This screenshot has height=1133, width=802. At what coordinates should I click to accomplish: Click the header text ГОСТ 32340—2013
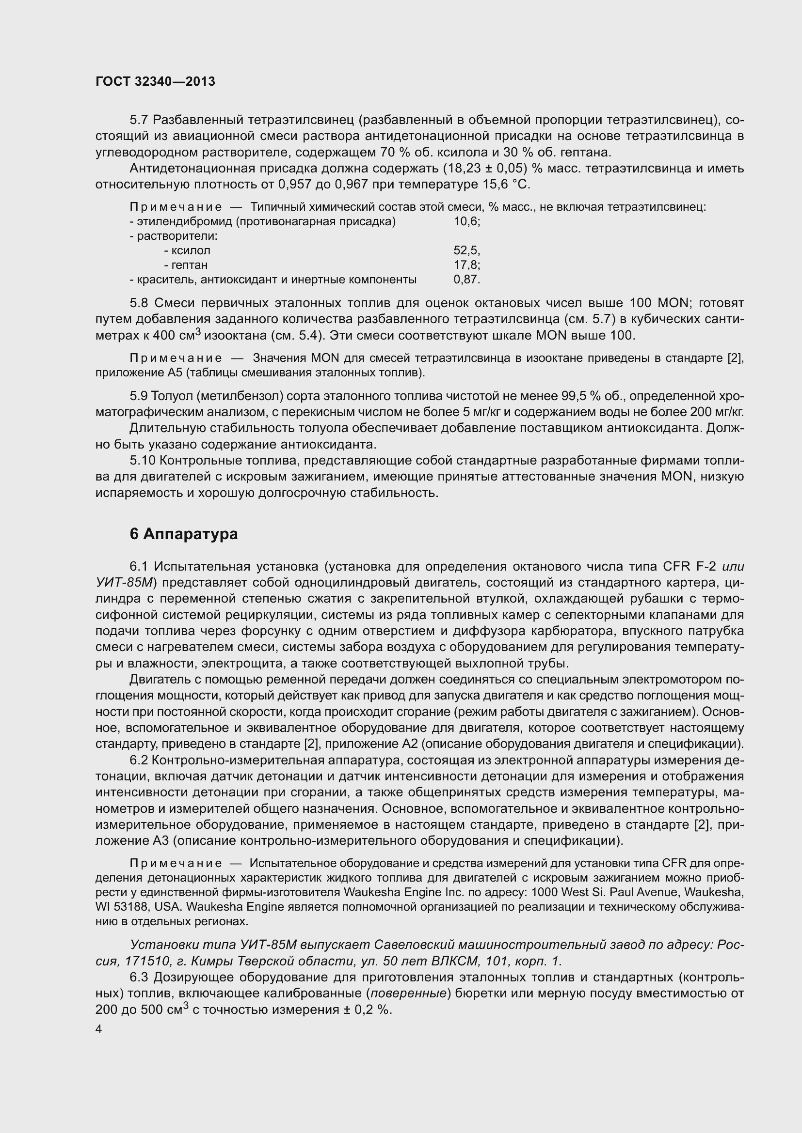pyautogui.click(x=155, y=82)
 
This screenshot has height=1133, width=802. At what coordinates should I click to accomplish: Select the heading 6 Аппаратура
pyautogui.click(x=183, y=534)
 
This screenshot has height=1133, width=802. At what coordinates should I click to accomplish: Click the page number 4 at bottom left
pyautogui.click(x=99, y=1029)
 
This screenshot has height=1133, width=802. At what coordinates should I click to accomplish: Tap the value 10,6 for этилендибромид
pyautogui.click(x=466, y=221)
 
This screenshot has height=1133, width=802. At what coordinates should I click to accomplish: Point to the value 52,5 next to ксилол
pyautogui.click(x=466, y=251)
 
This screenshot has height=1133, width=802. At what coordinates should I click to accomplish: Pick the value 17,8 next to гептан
pyautogui.click(x=466, y=265)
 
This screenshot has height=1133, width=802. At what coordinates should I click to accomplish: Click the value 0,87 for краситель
pyautogui.click(x=466, y=280)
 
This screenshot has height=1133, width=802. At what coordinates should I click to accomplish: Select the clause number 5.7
pyautogui.click(x=139, y=120)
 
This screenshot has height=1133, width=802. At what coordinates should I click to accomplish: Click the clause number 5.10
pyautogui.click(x=142, y=460)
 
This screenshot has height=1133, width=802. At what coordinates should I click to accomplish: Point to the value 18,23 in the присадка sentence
pyautogui.click(x=464, y=169)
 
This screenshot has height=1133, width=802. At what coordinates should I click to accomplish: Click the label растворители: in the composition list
pyautogui.click(x=173, y=236)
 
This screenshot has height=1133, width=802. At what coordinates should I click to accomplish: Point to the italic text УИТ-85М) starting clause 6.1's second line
pyautogui.click(x=126, y=583)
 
